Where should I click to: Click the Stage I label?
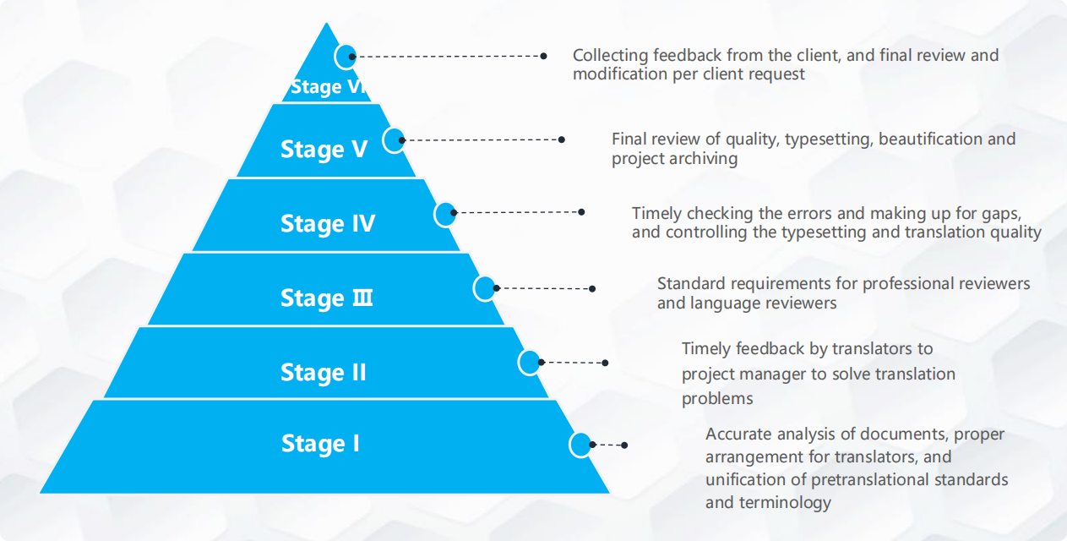pyautogui.click(x=320, y=443)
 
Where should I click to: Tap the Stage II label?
pyautogui.click(x=324, y=372)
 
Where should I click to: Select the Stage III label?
pyautogui.click(x=327, y=298)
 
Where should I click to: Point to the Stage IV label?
pyautogui.click(x=328, y=223)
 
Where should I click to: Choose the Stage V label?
pyautogui.click(x=324, y=149)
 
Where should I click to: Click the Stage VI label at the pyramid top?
pyautogui.click(x=329, y=87)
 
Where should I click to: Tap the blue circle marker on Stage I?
pyautogui.click(x=580, y=445)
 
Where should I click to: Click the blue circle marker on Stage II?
pyautogui.click(x=530, y=363)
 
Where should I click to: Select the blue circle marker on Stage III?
pyautogui.click(x=485, y=288)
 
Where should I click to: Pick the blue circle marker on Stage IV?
pyautogui.click(x=445, y=214)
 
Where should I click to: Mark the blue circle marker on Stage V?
pyautogui.click(x=395, y=139)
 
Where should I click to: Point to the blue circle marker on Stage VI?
pyautogui.click(x=346, y=57)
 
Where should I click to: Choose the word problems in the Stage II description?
pyautogui.click(x=717, y=398)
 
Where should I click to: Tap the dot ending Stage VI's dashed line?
pyautogui.click(x=543, y=57)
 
